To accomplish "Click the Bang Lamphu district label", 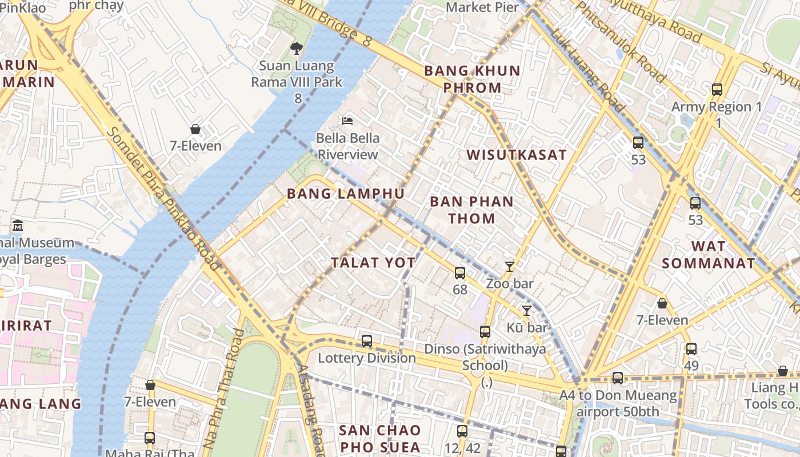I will [346, 194].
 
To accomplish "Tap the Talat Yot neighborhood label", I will [373, 263].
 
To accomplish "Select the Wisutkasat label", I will [517, 155].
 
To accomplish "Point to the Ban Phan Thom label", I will [471, 210].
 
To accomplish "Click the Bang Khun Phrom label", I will [471, 79].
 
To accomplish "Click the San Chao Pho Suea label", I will [379, 438].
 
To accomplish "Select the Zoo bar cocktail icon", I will [510, 266].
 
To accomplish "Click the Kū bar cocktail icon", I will [526, 310].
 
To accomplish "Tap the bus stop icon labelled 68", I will [460, 273].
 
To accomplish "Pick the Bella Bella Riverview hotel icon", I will [347, 121].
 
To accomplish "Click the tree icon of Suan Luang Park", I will [296, 49].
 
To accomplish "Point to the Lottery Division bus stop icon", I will [367, 341].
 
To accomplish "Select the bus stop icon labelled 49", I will [691, 348].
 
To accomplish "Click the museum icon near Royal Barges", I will [18, 226].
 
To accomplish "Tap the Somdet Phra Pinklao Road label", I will [163, 197].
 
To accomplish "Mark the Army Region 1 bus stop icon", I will [717, 90].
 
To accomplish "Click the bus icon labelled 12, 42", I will [462, 431].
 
